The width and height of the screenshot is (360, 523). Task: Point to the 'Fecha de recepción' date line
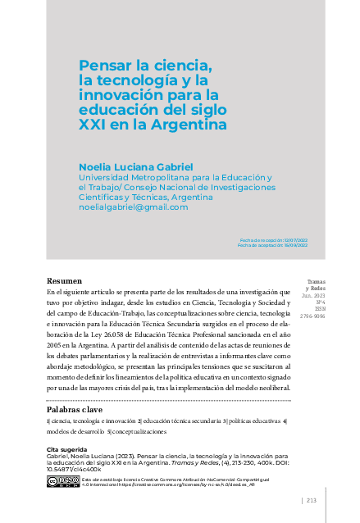click(271, 239)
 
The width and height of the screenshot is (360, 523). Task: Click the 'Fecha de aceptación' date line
click(271, 244)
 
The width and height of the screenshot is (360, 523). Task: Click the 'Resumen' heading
click(63, 280)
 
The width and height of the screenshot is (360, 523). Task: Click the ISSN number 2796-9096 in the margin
click(314, 315)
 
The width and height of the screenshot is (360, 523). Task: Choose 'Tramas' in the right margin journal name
click(317, 281)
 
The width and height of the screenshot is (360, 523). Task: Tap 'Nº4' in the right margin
click(320, 302)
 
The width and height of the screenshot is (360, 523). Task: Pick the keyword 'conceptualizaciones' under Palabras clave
click(136, 431)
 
